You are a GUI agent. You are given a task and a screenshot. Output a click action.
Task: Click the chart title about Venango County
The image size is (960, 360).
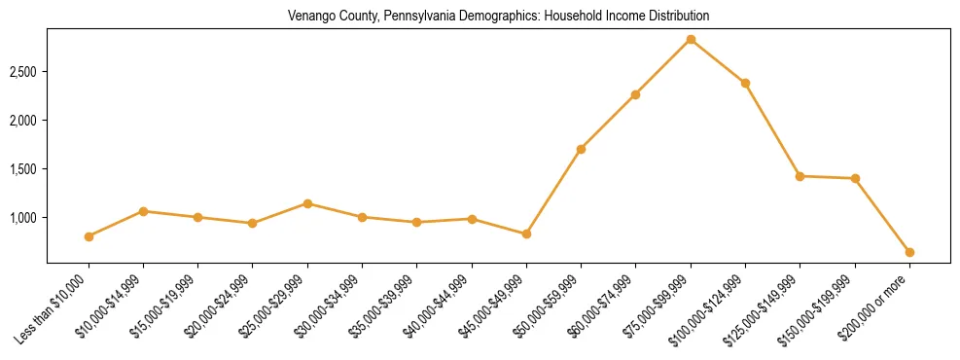click(x=499, y=17)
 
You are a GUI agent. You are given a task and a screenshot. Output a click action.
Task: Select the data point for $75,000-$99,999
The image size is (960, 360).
click(x=691, y=40)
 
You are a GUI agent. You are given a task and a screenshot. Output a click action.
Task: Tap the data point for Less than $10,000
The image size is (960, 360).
click(x=89, y=236)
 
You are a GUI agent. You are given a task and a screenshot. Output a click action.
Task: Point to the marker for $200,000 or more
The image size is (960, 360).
click(x=909, y=252)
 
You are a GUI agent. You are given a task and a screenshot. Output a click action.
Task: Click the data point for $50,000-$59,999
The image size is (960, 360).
click(x=581, y=149)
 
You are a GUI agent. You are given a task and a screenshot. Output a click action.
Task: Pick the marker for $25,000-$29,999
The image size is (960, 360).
click(x=307, y=203)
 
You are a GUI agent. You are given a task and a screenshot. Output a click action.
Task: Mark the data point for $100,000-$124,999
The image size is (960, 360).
click(x=745, y=83)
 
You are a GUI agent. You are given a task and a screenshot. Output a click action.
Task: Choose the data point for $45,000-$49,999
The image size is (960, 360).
click(x=526, y=234)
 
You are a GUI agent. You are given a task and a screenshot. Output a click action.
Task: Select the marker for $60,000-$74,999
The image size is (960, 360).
click(x=635, y=94)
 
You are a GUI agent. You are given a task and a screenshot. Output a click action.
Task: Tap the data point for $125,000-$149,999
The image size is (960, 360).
click(x=800, y=176)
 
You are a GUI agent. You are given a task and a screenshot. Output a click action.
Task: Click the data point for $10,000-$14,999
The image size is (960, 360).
click(x=143, y=211)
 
